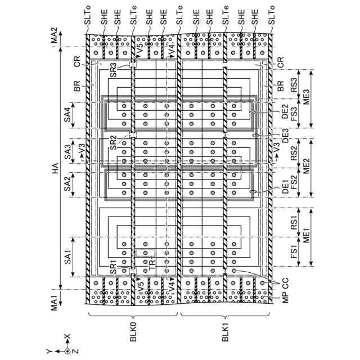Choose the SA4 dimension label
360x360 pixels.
pyautogui.click(x=68, y=114)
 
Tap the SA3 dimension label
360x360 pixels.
pyautogui.click(x=68, y=151)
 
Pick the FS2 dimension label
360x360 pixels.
pyautogui.click(x=294, y=181)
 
